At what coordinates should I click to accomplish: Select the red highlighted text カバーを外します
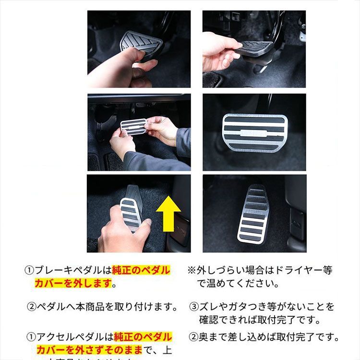[x=72, y=284]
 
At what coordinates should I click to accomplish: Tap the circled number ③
[x=194, y=306]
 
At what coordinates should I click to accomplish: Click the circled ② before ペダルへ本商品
[x=31, y=306]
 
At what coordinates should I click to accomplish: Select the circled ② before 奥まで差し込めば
[x=193, y=337]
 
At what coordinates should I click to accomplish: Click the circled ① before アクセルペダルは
[x=30, y=337]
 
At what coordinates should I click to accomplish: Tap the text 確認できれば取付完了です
[x=259, y=320]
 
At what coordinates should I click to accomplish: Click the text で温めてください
[x=238, y=284]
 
